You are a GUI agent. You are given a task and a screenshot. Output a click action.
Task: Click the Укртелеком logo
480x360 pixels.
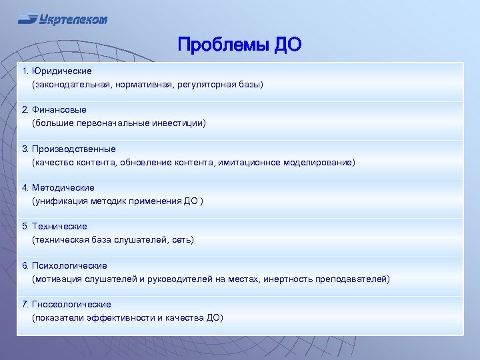point(63,19)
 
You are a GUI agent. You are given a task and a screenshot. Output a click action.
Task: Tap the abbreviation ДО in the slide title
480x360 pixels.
point(287,45)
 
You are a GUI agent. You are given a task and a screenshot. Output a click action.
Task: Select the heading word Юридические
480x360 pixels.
point(62,71)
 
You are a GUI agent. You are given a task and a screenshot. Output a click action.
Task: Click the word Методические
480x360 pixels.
point(63,188)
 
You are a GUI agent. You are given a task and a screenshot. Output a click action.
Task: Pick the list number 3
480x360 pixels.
point(25,149)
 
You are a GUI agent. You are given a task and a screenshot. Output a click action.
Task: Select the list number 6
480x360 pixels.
point(25,266)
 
